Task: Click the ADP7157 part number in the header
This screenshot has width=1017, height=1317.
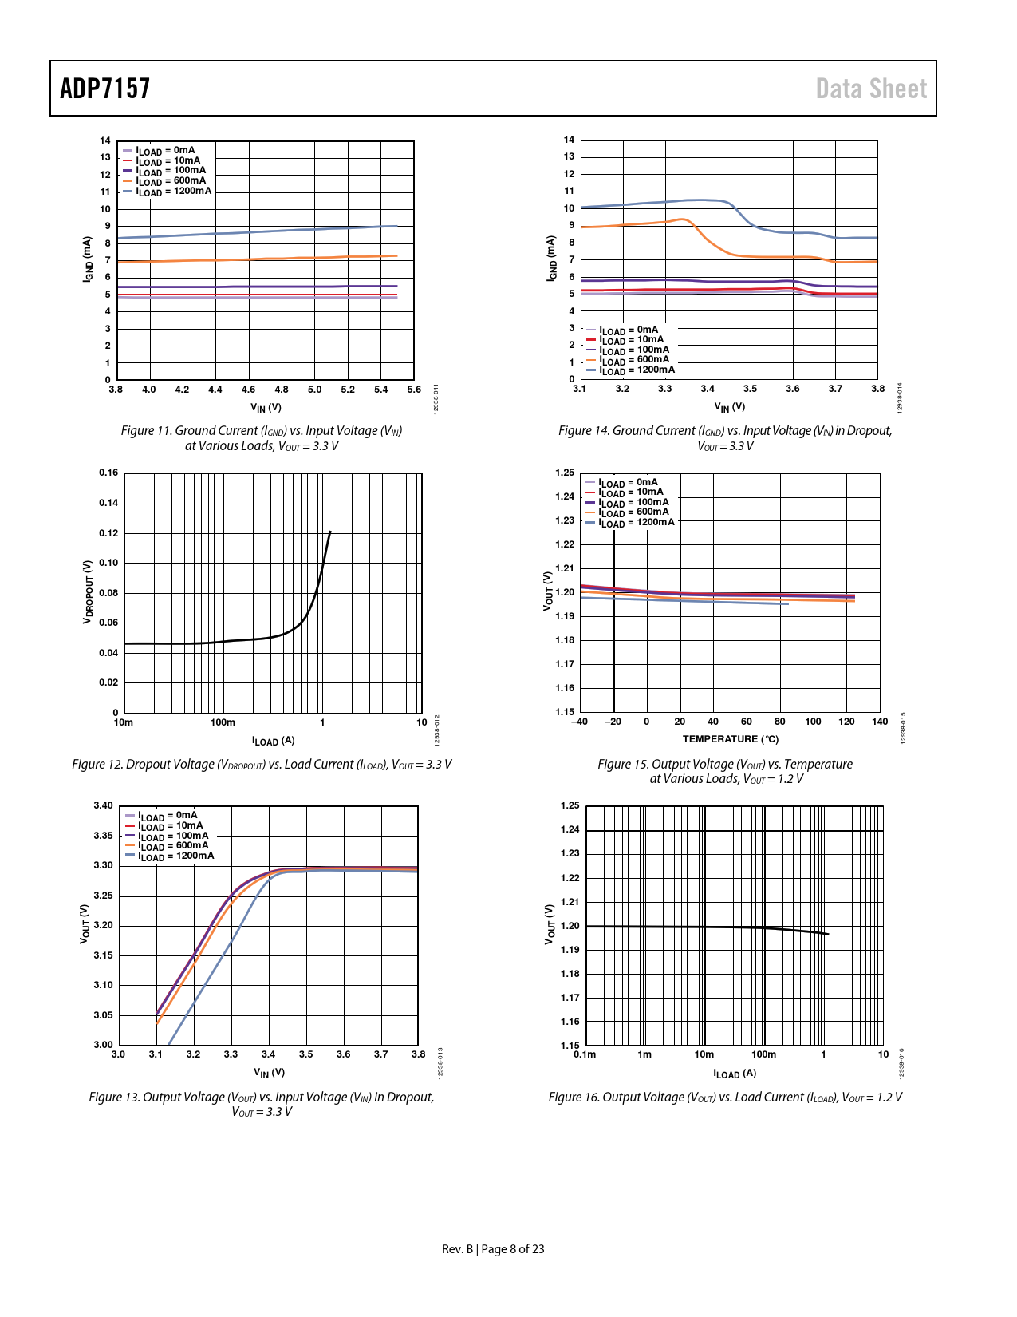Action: (105, 89)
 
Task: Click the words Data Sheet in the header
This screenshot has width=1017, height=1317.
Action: (871, 89)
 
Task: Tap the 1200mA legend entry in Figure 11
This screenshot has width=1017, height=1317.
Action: (173, 192)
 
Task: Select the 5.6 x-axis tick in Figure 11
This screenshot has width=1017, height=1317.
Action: (414, 390)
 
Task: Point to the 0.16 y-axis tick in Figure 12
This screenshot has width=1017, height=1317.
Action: (108, 473)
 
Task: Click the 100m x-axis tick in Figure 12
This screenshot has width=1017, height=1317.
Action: (223, 722)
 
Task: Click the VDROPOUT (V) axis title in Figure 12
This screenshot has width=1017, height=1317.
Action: (89, 591)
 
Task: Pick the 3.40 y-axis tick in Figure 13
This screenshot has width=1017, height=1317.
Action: (103, 805)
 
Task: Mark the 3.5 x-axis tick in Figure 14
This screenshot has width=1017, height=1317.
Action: (750, 389)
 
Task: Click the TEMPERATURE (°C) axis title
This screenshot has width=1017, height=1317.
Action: (730, 739)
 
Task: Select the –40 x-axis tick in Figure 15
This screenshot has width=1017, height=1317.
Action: (580, 722)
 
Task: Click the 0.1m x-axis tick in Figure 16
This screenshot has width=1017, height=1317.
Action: (585, 1054)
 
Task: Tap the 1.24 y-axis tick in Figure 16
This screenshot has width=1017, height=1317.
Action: (570, 829)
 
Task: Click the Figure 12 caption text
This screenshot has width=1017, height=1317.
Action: (262, 765)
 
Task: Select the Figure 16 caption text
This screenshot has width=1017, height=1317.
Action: (724, 1097)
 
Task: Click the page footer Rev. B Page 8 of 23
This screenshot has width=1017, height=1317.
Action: (493, 1249)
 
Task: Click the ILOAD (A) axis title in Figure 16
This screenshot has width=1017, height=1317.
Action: (734, 1074)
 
